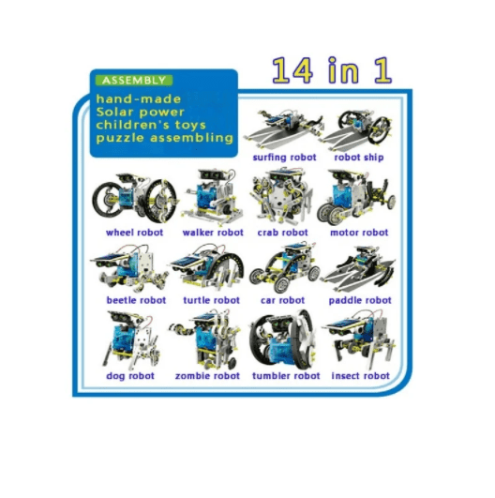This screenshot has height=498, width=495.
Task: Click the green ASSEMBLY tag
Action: pyautogui.click(x=134, y=81)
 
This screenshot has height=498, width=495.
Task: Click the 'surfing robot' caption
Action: pyautogui.click(x=283, y=158)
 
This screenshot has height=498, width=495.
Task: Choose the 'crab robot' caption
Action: pyautogui.click(x=282, y=233)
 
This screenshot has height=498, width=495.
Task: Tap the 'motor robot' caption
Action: pyautogui.click(x=360, y=233)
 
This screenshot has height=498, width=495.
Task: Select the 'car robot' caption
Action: pyautogui.click(x=282, y=300)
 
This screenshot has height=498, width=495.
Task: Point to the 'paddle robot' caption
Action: pyautogui.click(x=360, y=300)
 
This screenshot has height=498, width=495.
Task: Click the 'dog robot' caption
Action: pyautogui.click(x=130, y=376)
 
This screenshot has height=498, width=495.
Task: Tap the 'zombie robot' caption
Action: pyautogui.click(x=207, y=376)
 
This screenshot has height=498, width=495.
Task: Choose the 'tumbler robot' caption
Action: pyautogui.click(x=286, y=376)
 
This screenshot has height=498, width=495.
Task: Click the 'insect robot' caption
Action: pyautogui.click(x=360, y=376)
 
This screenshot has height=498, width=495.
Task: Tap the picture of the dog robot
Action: pyautogui.click(x=130, y=340)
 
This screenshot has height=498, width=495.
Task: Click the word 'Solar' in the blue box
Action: pyautogui.click(x=116, y=111)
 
